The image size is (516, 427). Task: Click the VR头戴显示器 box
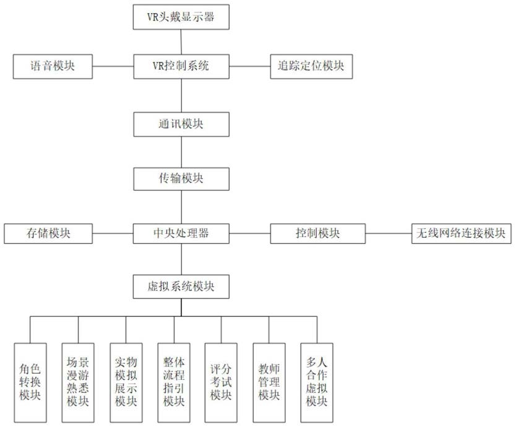pos(181,17)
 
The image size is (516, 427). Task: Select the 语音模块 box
pos(53,66)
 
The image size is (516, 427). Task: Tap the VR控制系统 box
pos(181,66)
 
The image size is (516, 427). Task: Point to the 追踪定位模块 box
pos(311,66)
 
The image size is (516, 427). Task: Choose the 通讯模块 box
pos(181,124)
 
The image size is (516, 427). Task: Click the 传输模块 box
pos(181,179)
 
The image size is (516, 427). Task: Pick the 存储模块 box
pos(48,233)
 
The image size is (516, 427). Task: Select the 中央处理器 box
pos(181,233)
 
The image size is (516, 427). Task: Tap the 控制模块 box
pos(317,233)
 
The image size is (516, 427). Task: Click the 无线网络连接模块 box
pos(462,233)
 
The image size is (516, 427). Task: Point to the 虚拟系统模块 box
pos(181,287)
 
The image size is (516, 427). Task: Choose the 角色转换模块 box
pos(30,382)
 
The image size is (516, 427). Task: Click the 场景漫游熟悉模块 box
pos(78,382)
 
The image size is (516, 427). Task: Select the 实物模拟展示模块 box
pos(126,382)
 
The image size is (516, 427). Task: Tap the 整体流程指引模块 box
pos(174,382)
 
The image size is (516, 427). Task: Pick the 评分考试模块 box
pos(221,382)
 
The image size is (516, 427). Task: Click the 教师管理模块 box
pos(269,382)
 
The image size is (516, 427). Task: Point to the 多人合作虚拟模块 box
pos(317,382)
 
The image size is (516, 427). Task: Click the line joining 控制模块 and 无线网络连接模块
pos(389,233)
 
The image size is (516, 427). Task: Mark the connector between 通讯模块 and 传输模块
pos(181,152)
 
